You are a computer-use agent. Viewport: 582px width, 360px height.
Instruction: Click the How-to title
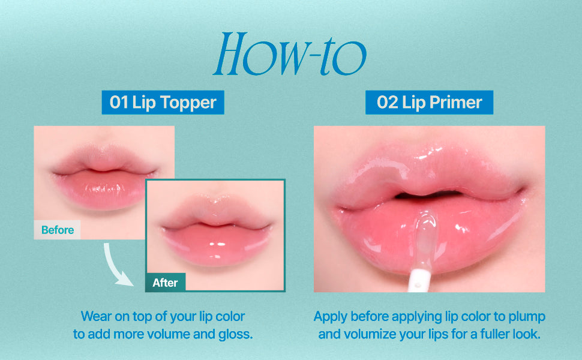[x=290, y=54]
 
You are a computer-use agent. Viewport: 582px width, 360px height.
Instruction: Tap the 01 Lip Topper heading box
[x=163, y=103]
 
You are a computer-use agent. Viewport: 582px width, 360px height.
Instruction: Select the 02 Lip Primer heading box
[x=429, y=103]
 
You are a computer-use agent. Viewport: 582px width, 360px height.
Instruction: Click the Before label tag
[x=57, y=230]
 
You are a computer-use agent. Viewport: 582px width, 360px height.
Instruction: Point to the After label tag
[x=165, y=283]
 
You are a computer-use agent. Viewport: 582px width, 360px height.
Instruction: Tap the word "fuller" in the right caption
[x=496, y=334]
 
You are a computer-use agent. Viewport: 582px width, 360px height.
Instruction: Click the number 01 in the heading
[x=118, y=103]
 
